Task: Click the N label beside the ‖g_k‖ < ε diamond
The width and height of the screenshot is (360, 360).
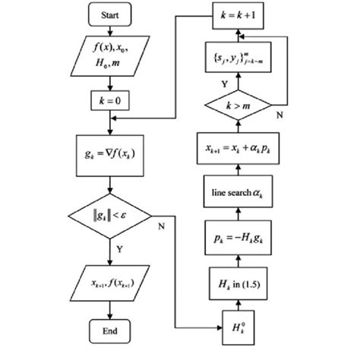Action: coord(163,226)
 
